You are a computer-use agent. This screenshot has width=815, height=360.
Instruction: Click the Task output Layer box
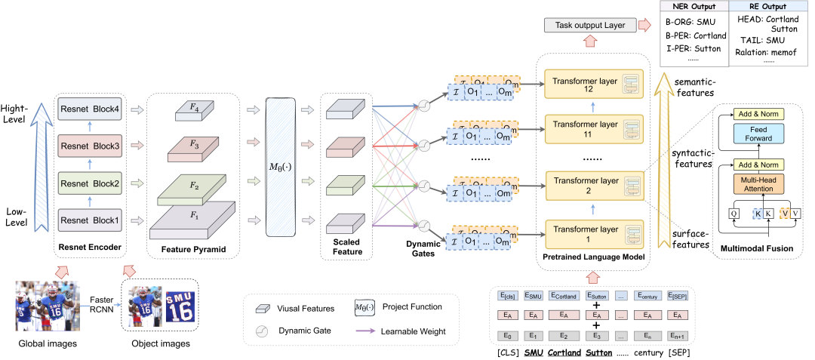pyautogui.click(x=589, y=26)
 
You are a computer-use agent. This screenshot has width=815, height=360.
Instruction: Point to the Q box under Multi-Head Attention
pyautogui.click(x=733, y=214)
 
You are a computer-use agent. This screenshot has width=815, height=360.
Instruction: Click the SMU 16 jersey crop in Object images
pyautogui.click(x=180, y=307)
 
